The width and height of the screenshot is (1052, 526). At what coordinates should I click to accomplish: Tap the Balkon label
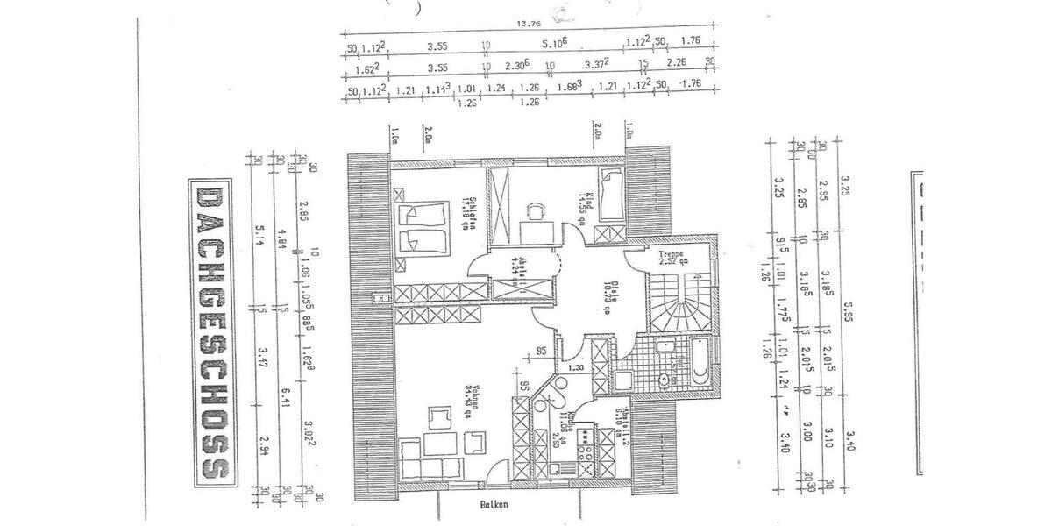[x=495, y=505]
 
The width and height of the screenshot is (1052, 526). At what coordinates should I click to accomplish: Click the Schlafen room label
[x=471, y=213]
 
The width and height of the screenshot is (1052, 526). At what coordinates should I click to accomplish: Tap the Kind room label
[x=591, y=207]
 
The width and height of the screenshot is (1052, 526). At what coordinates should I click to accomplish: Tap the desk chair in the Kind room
[x=534, y=210]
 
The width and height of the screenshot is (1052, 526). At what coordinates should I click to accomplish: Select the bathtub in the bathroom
[x=700, y=364]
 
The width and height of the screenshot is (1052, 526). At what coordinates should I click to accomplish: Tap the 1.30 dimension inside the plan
[x=574, y=368]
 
